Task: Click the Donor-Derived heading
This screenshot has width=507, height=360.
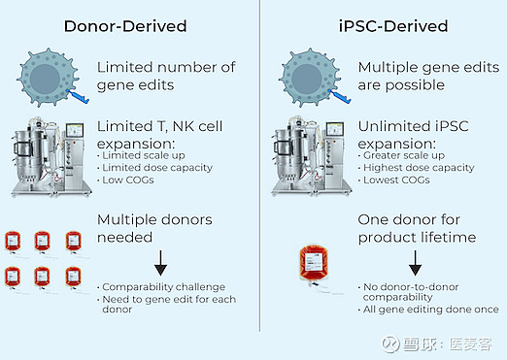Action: click(x=125, y=26)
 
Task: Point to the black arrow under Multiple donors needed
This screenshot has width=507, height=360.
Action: click(x=160, y=262)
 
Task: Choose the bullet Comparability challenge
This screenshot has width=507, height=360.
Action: click(x=164, y=287)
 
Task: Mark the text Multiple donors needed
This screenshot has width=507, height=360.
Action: click(x=155, y=228)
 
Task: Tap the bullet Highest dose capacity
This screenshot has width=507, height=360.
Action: click(x=418, y=168)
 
